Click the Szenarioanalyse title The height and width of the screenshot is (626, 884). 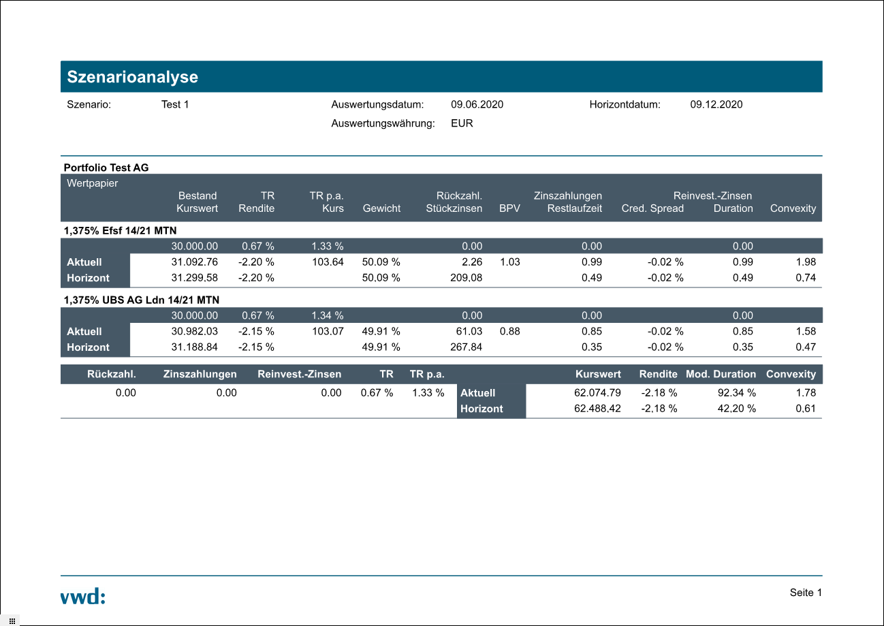[x=132, y=77]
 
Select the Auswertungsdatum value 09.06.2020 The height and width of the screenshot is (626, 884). [x=477, y=104]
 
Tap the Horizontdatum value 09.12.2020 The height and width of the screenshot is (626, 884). [x=716, y=104]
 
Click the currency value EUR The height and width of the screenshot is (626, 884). [x=462, y=123]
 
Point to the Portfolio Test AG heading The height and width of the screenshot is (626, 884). [x=106, y=167]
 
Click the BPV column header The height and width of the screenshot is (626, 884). [x=509, y=208]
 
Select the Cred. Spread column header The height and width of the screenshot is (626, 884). [x=652, y=208]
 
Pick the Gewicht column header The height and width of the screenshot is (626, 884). [x=381, y=208]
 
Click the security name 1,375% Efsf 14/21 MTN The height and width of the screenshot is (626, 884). [x=120, y=230]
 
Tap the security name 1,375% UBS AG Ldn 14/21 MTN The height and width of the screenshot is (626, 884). [x=141, y=300]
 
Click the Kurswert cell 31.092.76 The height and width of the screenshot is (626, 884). [x=194, y=262]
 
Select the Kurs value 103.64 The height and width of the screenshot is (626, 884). [x=328, y=262]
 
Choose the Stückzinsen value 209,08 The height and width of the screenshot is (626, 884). [x=466, y=278]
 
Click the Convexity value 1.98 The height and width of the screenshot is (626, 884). [x=805, y=262]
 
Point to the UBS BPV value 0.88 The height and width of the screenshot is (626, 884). [x=509, y=331]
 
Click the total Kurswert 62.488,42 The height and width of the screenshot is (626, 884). [x=597, y=409]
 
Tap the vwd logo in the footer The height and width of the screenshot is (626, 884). [x=82, y=597]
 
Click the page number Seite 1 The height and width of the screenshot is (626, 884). [x=806, y=593]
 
